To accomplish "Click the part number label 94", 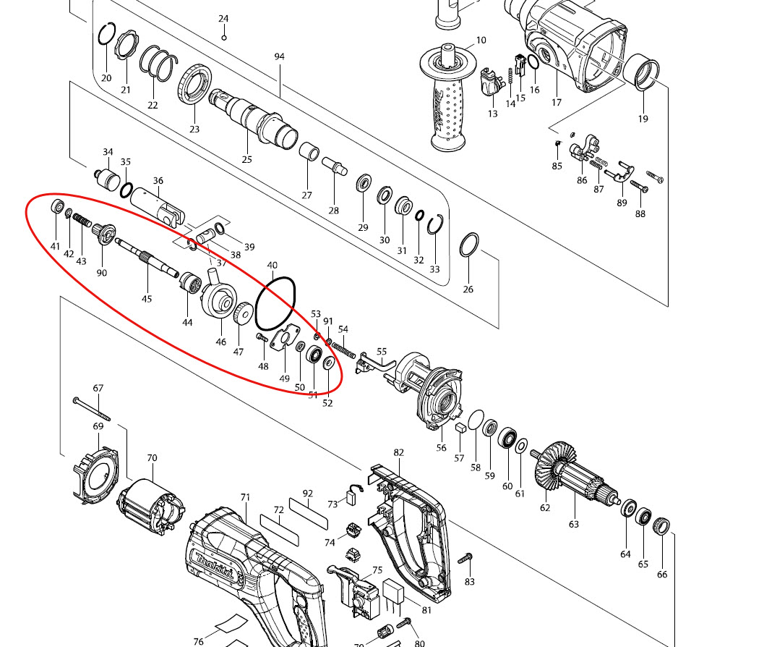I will [x=279, y=56].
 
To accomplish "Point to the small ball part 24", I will [x=224, y=37].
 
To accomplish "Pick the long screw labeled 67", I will [x=91, y=409].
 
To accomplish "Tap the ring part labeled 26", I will [x=469, y=245].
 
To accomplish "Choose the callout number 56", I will [x=441, y=448].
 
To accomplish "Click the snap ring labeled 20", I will [x=107, y=35].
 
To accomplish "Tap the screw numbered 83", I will [x=465, y=559].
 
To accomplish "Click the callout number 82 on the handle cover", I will [x=398, y=452].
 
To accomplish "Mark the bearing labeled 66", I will [x=661, y=528].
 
